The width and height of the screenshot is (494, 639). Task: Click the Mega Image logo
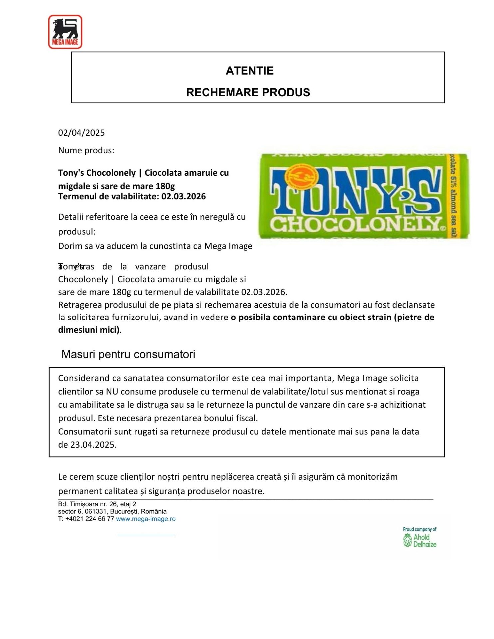[x=65, y=32]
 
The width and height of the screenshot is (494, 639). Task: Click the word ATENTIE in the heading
[x=249, y=71]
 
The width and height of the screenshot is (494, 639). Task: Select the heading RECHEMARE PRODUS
[x=248, y=92]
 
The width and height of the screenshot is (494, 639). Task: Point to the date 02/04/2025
[x=81, y=133]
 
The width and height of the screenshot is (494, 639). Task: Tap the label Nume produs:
[x=86, y=150]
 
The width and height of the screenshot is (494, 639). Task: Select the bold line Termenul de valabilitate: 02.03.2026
[x=132, y=196]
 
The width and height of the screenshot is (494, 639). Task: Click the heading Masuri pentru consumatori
[x=128, y=354]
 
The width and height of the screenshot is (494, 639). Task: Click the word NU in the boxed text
[x=111, y=392]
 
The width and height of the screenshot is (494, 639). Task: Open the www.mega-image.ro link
[x=146, y=519]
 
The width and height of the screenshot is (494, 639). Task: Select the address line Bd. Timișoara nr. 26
[x=97, y=504]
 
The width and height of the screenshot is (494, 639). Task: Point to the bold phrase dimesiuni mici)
[x=89, y=330]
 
